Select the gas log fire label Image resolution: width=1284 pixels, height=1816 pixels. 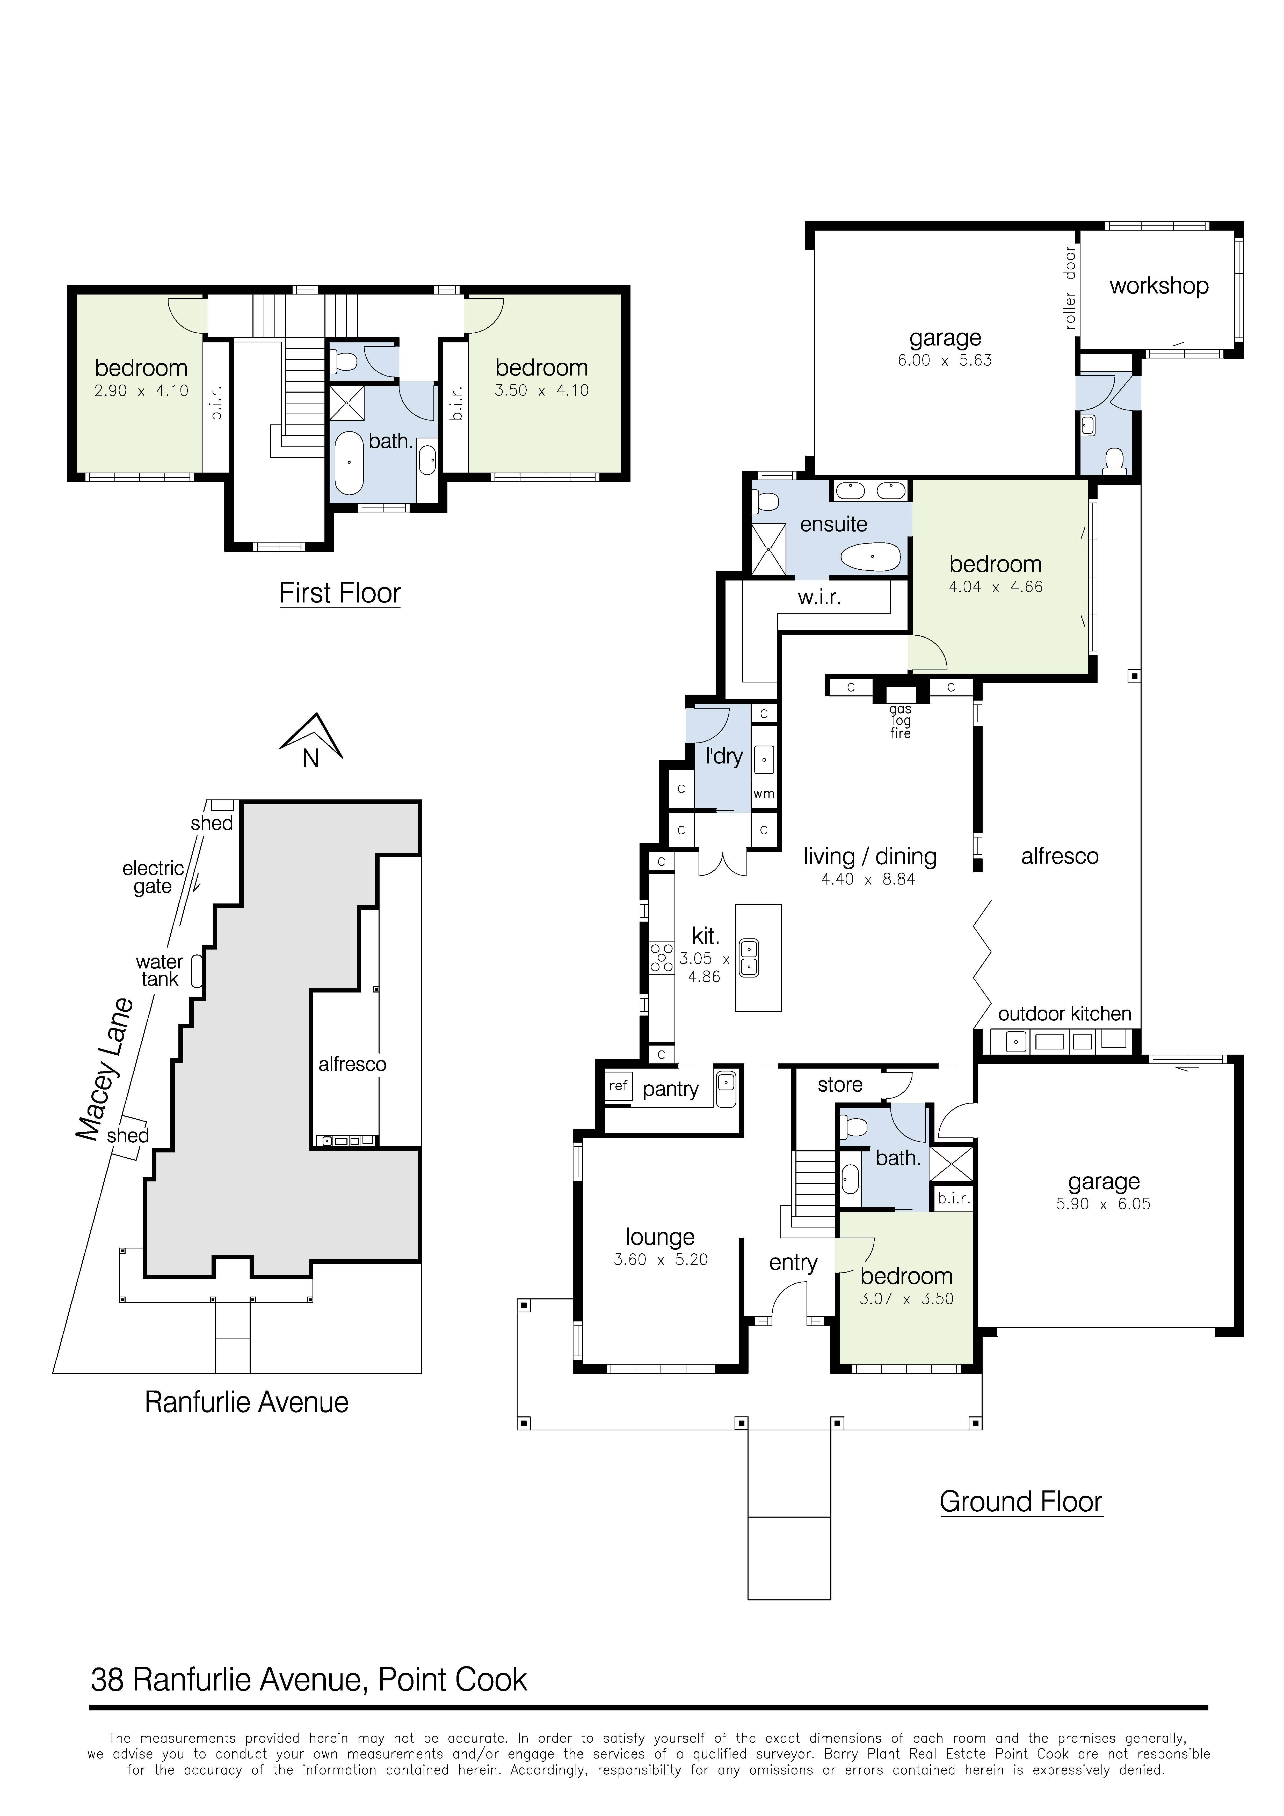(x=900, y=721)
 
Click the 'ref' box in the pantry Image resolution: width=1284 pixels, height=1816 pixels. (x=618, y=1086)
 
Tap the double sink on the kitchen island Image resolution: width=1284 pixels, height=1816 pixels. (x=748, y=957)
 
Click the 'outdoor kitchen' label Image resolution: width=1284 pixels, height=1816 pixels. (x=1064, y=1014)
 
